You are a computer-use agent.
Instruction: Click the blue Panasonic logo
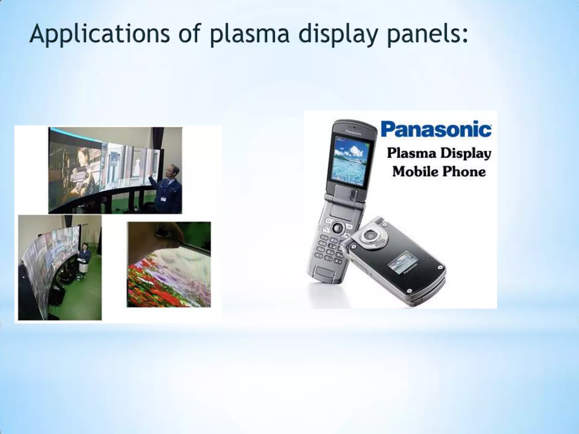coord(436,129)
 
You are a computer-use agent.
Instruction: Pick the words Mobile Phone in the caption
coord(439,172)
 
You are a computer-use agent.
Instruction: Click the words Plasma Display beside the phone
coord(439,153)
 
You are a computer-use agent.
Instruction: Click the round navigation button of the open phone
coord(336,227)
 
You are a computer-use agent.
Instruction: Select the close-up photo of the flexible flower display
coord(169,264)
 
